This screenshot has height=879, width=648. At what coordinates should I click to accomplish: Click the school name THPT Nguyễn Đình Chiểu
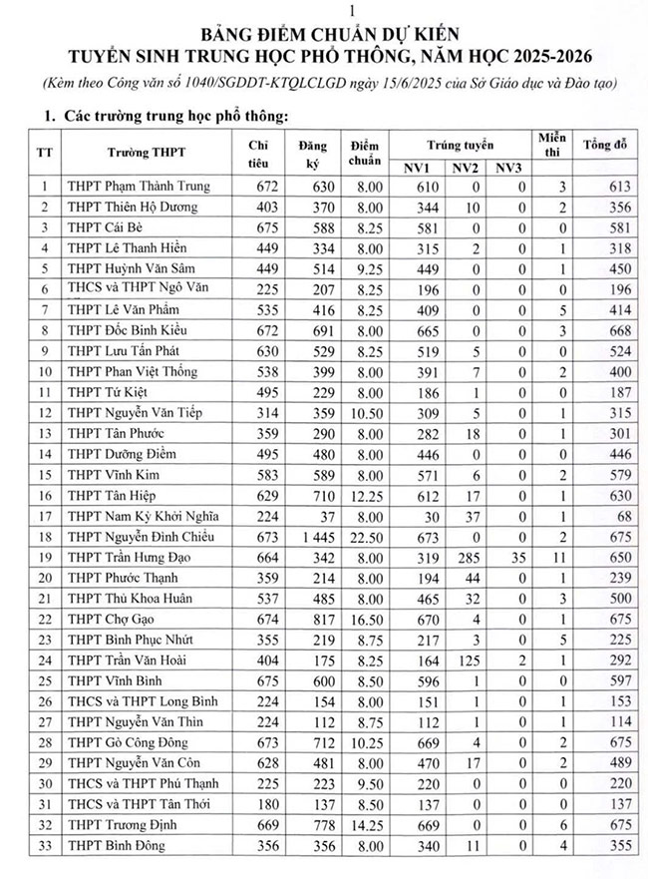click(x=140, y=537)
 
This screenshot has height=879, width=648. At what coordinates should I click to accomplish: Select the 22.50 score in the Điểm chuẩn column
click(x=363, y=537)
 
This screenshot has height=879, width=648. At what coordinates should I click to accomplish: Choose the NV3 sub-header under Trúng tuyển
click(x=507, y=168)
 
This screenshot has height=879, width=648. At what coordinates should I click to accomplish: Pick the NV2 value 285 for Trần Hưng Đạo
click(x=462, y=558)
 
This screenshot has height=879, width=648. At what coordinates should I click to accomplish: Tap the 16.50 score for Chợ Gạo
click(x=363, y=620)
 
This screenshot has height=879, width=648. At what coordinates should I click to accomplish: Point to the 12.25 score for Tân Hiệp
click(x=363, y=496)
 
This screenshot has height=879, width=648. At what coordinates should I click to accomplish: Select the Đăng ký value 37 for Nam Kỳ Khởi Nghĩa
click(x=317, y=516)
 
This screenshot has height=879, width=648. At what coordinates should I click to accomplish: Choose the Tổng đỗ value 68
click(x=620, y=516)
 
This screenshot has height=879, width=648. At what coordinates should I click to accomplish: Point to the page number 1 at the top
click(x=323, y=9)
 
